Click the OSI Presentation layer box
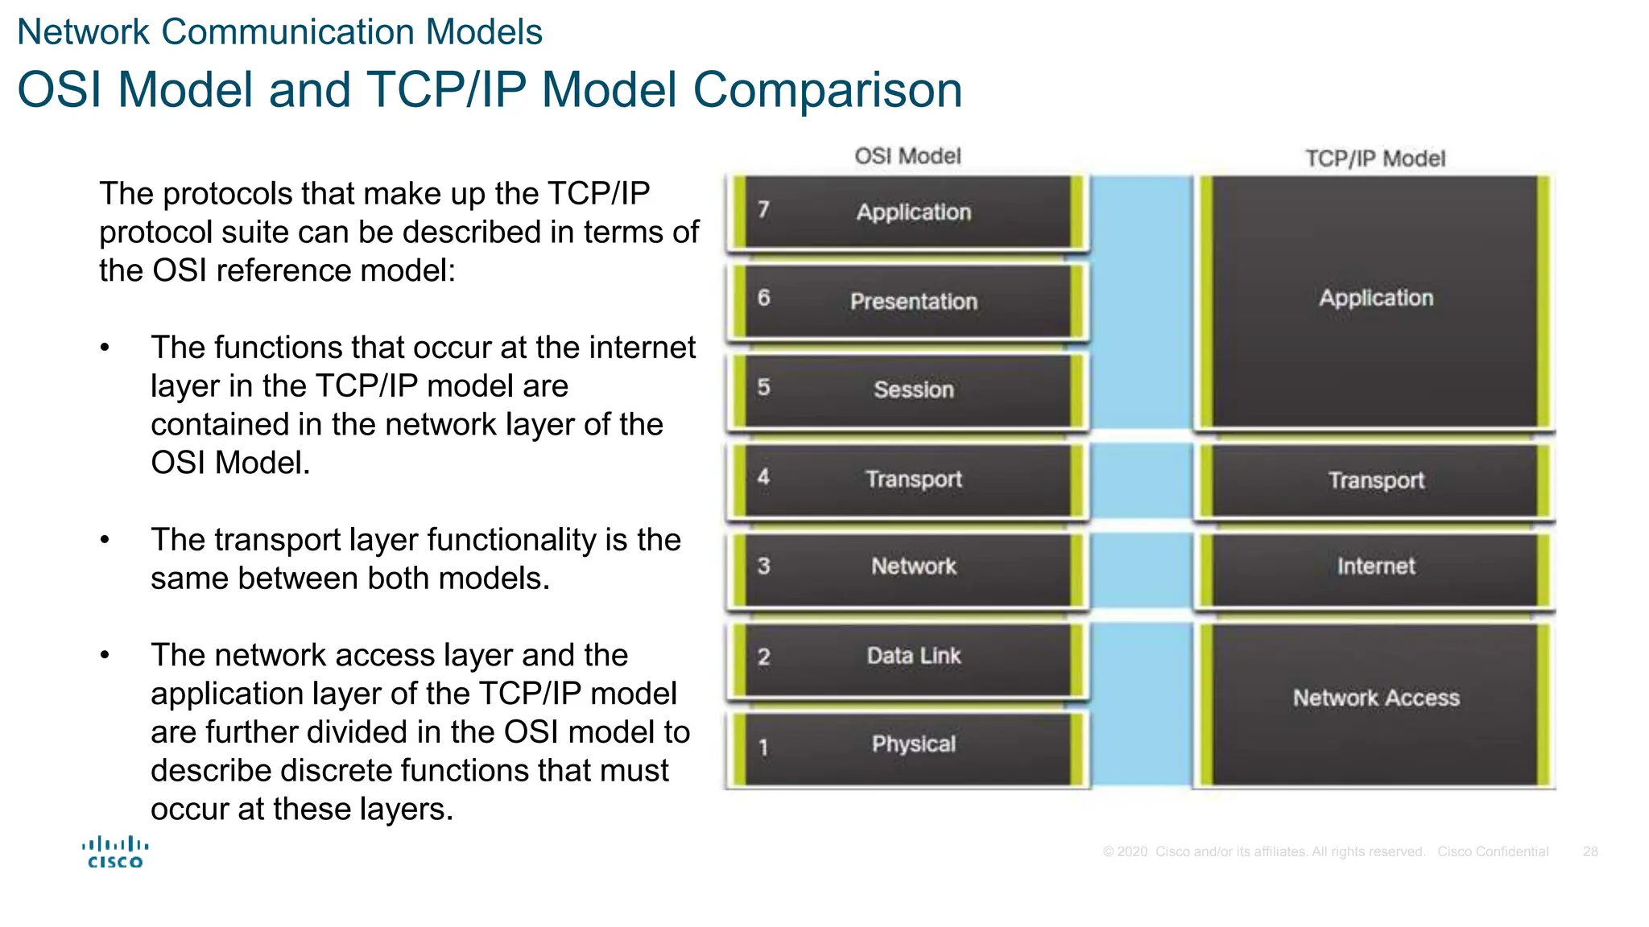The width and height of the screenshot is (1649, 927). [x=913, y=301]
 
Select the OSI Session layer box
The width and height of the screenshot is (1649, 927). [x=913, y=389]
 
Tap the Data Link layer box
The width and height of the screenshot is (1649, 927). [x=913, y=656]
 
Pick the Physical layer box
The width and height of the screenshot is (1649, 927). [x=913, y=744]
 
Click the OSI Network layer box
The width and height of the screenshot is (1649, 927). [x=913, y=566]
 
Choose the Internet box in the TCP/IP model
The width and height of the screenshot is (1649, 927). [x=1375, y=566]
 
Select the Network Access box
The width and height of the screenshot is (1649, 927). [x=1375, y=698]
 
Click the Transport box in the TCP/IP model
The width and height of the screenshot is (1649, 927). [x=1375, y=480]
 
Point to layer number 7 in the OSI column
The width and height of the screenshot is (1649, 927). [x=763, y=210]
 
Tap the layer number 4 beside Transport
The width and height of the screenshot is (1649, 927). [x=763, y=477]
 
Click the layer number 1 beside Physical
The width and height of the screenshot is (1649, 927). [x=763, y=748]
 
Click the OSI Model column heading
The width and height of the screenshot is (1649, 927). [x=907, y=155]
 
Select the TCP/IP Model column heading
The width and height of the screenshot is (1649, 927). [x=1374, y=159]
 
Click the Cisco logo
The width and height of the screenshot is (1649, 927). [x=115, y=853]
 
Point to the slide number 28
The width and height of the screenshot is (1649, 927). [x=1590, y=851]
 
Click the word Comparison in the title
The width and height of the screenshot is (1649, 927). [x=827, y=89]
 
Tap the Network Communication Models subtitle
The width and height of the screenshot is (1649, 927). [x=279, y=32]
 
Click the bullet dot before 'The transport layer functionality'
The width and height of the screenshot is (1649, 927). [x=105, y=540]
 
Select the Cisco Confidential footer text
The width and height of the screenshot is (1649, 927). [x=1493, y=851]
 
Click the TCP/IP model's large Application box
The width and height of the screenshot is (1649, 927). [x=1375, y=299]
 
